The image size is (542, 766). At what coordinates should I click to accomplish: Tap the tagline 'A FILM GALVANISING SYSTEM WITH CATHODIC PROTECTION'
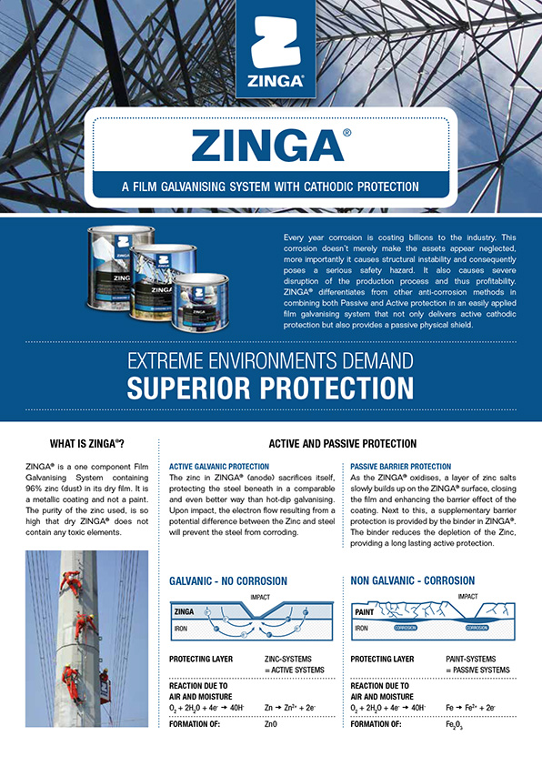tap(270, 187)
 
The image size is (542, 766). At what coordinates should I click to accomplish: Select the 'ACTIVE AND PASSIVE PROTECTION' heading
tap(342, 444)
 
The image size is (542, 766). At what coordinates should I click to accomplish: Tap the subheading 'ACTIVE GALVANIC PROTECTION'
tap(219, 466)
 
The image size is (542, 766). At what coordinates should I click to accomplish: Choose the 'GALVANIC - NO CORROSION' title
tap(228, 580)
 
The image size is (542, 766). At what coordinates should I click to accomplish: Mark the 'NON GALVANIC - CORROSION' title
tap(413, 580)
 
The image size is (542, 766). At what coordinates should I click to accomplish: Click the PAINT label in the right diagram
tap(366, 613)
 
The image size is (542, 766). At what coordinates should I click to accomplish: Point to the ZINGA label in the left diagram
tap(186, 613)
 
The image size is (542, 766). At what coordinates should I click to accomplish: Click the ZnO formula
tap(270, 724)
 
